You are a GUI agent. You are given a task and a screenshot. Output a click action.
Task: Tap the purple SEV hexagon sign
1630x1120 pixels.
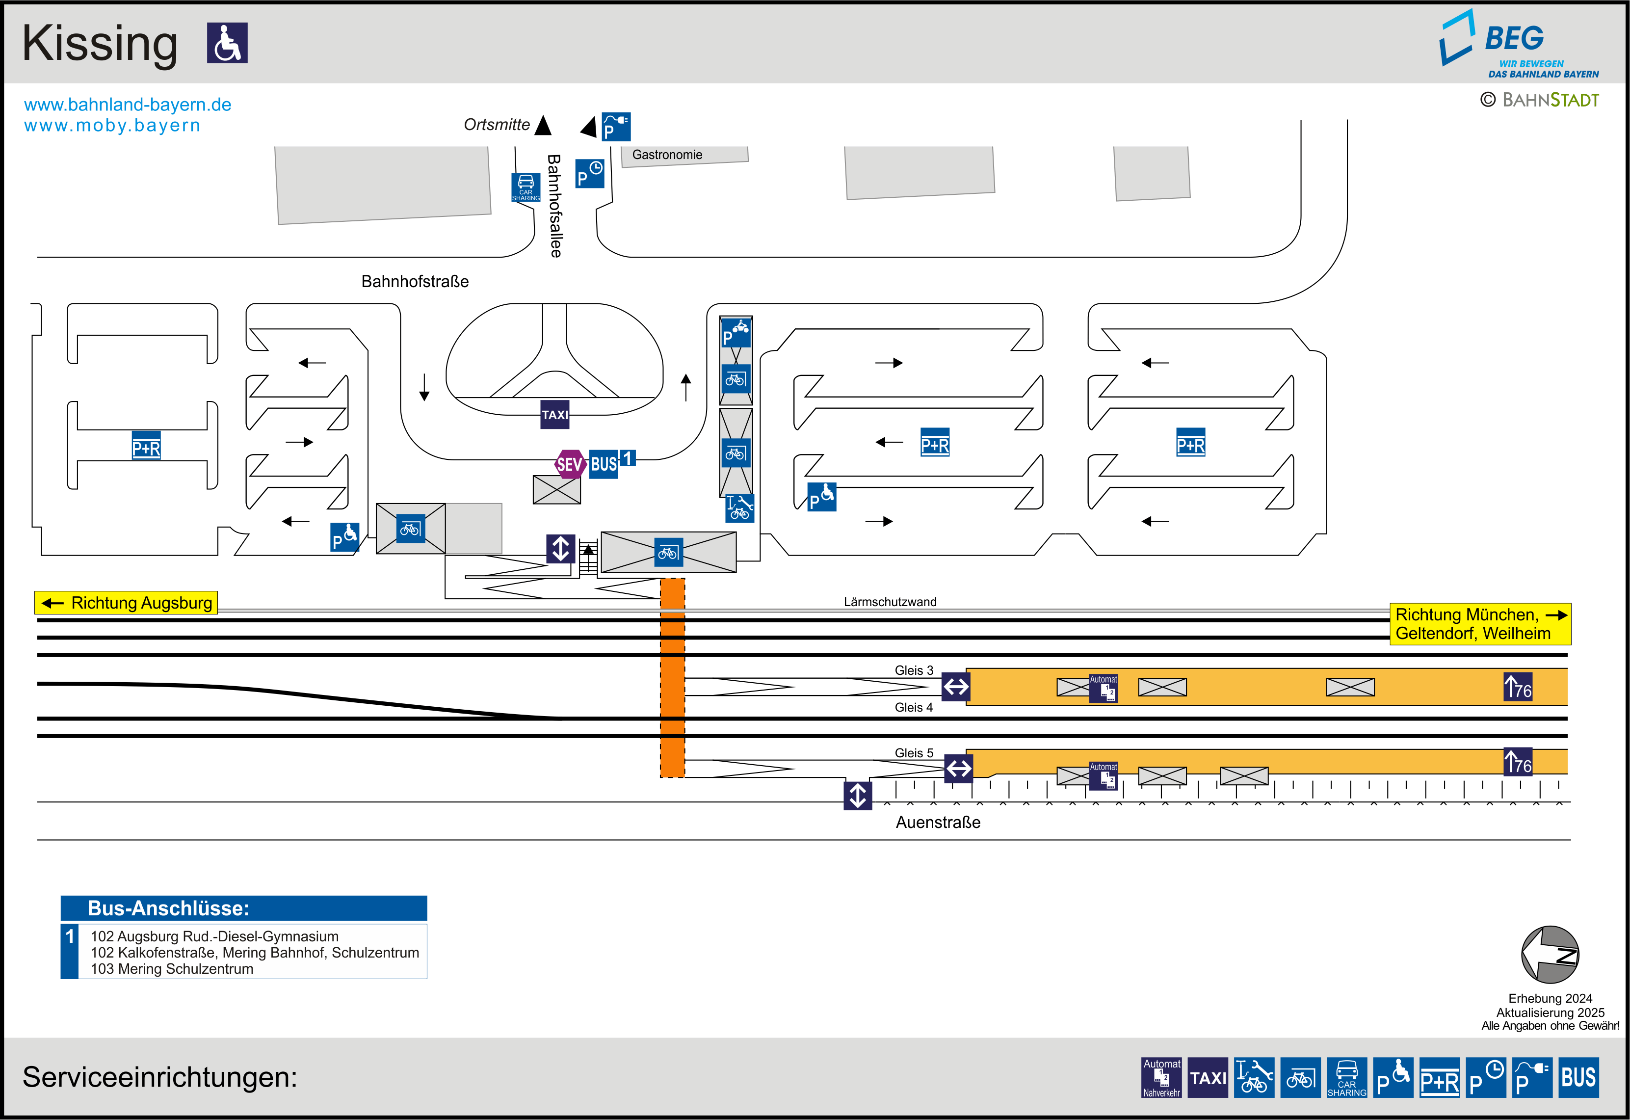click(x=570, y=464)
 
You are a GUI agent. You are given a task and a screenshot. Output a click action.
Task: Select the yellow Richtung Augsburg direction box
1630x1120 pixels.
click(x=126, y=603)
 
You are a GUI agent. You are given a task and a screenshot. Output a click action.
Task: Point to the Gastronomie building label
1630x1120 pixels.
click(x=666, y=155)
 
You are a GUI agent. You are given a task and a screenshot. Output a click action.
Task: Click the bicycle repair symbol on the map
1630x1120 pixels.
click(x=739, y=508)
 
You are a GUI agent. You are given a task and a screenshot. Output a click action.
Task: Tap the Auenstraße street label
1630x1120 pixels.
click(x=937, y=823)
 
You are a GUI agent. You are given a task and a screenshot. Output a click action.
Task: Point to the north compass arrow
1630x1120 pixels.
click(x=1550, y=955)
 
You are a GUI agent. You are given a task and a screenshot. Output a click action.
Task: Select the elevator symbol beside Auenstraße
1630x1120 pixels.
click(x=857, y=796)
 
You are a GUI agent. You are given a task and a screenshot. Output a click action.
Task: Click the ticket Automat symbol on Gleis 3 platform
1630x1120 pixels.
click(x=1103, y=688)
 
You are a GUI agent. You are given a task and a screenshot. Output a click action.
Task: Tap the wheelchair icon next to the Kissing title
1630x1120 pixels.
click(x=227, y=43)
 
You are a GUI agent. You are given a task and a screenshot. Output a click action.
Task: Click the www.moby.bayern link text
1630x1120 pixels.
click(x=112, y=126)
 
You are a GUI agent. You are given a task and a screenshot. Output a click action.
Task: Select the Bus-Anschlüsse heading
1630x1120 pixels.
click(x=168, y=908)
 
